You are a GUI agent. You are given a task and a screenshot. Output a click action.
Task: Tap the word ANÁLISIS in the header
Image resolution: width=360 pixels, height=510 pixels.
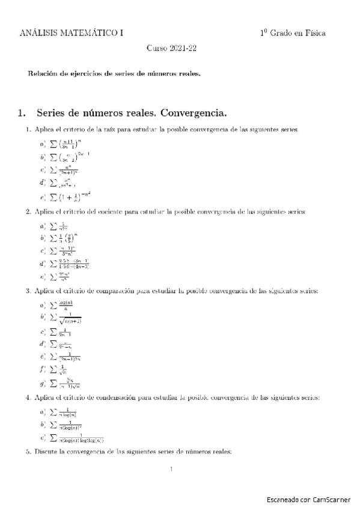coord(36,33)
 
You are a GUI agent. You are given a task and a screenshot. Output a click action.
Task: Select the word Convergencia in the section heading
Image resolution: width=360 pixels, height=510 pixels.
coord(196,112)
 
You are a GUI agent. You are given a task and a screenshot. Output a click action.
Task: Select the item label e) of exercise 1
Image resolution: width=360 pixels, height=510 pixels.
coord(43,197)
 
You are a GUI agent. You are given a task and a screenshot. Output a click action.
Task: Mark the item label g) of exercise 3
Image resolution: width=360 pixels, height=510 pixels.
coord(43,383)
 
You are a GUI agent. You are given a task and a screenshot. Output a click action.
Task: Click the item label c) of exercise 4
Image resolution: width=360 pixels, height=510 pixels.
coord(43,438)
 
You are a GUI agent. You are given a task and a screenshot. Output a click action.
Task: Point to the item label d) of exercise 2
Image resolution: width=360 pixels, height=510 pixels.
coord(43,263)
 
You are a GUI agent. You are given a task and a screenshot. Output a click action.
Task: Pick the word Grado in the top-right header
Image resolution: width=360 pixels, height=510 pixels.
coord(282,33)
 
